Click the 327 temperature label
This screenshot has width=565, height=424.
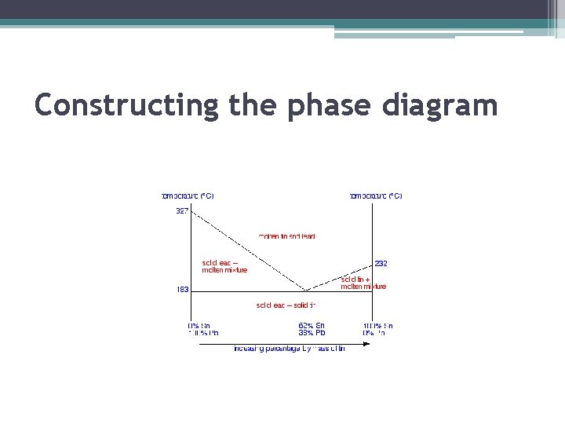tap(182, 210)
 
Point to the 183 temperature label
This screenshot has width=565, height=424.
tap(182, 290)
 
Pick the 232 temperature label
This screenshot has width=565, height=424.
tap(381, 264)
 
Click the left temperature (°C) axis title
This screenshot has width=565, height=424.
tap(188, 196)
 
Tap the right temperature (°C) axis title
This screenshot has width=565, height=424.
tap(375, 196)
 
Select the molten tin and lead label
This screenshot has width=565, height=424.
tap(287, 236)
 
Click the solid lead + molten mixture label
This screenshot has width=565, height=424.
tap(224, 266)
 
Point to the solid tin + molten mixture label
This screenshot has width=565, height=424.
tap(363, 283)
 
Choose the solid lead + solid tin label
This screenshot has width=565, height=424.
tap(286, 305)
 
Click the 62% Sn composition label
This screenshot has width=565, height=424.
tap(312, 325)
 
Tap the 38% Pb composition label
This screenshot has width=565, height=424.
tap(312, 333)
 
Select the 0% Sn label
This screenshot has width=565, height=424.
tap(199, 325)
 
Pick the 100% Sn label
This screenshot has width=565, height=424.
tap(377, 325)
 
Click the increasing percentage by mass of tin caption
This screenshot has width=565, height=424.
tap(289, 349)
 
